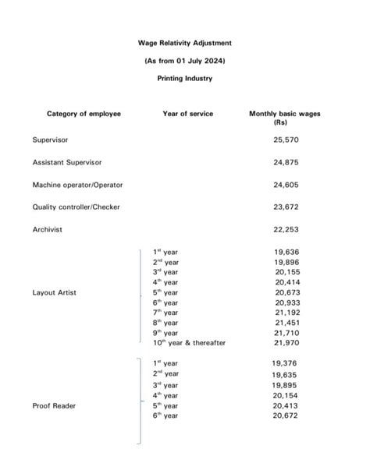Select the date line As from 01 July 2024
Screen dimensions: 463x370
(184, 60)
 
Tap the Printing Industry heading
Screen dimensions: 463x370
(184, 78)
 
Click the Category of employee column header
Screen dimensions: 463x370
(84, 114)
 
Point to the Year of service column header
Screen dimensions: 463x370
(187, 114)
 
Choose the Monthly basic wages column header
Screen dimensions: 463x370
(285, 118)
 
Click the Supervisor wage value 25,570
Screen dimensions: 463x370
(286, 140)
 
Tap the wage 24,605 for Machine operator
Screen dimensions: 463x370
(286, 185)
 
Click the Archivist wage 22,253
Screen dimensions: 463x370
(286, 229)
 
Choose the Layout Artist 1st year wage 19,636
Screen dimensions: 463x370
(286, 252)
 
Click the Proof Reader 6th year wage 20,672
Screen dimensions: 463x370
(285, 416)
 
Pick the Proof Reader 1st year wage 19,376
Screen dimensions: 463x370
(285, 363)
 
